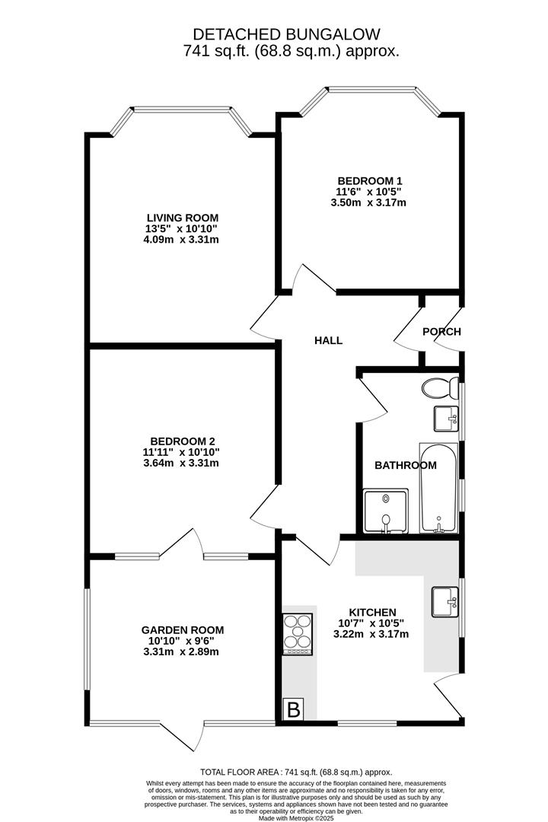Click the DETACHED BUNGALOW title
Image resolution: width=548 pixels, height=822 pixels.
[285, 34]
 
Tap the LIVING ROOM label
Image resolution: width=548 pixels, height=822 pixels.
[183, 218]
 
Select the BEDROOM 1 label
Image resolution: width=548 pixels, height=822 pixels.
[370, 181]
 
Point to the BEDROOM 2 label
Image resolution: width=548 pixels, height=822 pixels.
[183, 441]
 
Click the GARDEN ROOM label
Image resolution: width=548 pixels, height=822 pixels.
[183, 629]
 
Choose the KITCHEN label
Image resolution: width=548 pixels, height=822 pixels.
[372, 613]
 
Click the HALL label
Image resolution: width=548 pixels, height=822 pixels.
[329, 341]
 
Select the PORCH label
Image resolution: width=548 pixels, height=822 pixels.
[441, 332]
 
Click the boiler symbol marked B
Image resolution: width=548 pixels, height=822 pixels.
[293, 709]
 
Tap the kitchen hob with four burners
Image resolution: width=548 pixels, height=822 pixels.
[298, 633]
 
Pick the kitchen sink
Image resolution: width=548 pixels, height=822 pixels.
[444, 601]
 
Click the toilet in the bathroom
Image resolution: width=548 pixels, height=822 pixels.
[436, 387]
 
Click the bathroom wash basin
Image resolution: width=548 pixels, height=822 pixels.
[446, 418]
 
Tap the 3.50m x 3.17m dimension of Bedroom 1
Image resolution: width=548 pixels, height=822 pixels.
[370, 202]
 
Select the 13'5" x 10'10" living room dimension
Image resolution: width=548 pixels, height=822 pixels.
[183, 228]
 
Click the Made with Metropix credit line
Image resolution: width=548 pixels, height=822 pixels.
[296, 818]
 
